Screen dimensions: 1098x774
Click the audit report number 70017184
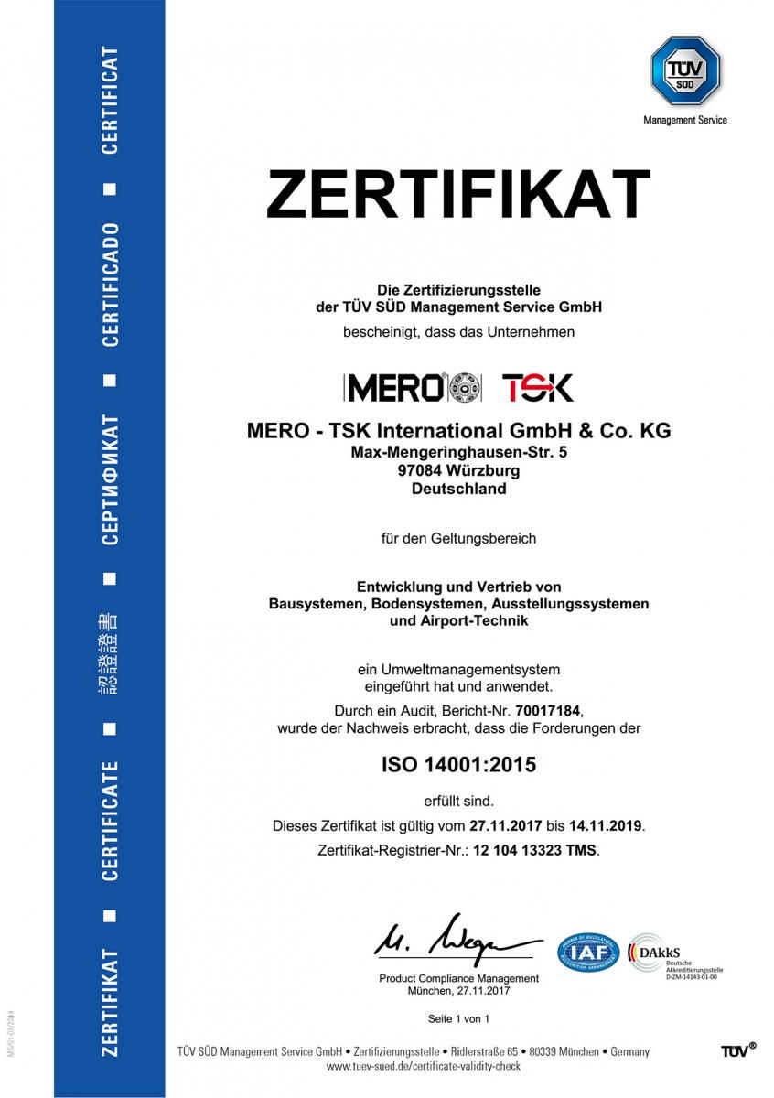(547, 710)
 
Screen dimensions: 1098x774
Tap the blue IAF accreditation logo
(588, 953)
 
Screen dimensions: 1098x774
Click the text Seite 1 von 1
(458, 1017)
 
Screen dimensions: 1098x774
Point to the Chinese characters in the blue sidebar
(109, 656)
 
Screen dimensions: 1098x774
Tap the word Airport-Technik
(458, 621)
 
